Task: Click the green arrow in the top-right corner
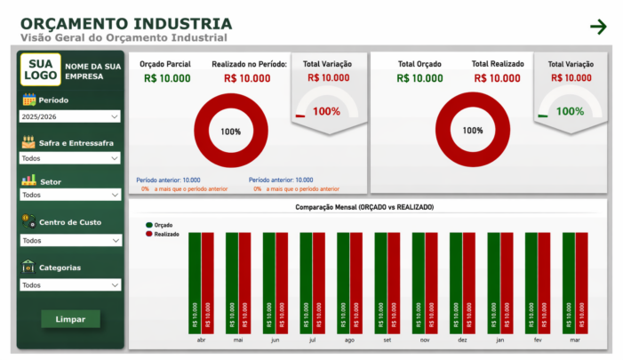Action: tap(598, 27)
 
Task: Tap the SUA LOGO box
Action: tap(40, 69)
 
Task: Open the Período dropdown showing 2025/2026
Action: tap(70, 116)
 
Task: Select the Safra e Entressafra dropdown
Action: tap(70, 158)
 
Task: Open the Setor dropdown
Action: tap(70, 195)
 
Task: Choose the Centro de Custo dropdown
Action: tap(70, 240)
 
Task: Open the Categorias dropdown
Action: tap(70, 285)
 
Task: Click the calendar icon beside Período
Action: tap(28, 100)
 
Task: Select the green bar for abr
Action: tap(195, 283)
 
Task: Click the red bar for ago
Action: tap(356, 283)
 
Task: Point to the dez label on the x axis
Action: tap(462, 340)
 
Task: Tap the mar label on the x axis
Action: tap(574, 340)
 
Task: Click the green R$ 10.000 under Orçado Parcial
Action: tap(166, 78)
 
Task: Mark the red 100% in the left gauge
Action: tap(326, 111)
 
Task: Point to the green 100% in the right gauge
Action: tap(570, 111)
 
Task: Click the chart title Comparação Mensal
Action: tap(364, 207)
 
